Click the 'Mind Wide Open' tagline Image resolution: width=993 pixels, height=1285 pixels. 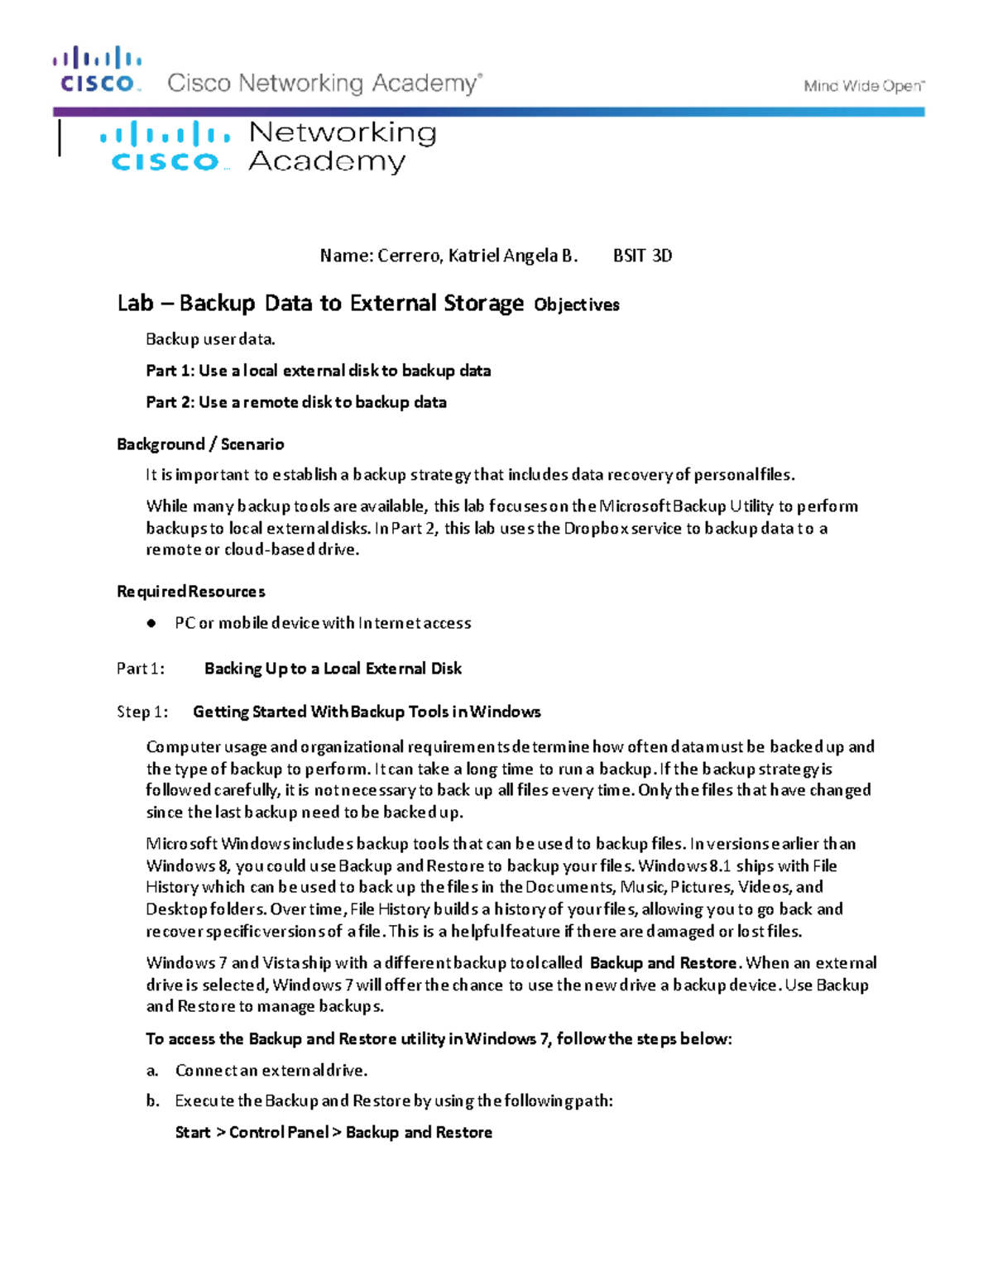(x=864, y=86)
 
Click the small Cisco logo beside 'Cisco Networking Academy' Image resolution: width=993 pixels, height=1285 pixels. (x=98, y=70)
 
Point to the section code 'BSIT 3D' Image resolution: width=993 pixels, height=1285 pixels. (x=642, y=256)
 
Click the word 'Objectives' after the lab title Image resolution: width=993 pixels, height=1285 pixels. (x=577, y=305)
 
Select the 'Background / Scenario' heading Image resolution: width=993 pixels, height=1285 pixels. (x=200, y=444)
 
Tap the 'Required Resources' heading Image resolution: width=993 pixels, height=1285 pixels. (x=191, y=592)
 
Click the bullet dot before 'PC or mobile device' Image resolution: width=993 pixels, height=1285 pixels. (x=151, y=624)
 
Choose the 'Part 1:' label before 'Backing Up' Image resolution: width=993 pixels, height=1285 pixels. (x=141, y=669)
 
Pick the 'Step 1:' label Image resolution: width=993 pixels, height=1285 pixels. (x=142, y=712)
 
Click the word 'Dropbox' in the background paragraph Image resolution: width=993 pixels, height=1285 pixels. (x=596, y=528)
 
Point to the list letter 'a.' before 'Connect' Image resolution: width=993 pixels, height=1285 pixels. (x=152, y=1071)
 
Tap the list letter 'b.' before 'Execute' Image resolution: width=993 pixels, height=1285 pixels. (x=152, y=1101)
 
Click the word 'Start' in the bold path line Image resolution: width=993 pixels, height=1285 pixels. (x=193, y=1133)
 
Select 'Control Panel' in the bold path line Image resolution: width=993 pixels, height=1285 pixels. (x=279, y=1133)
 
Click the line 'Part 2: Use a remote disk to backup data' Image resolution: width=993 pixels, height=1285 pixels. (x=296, y=403)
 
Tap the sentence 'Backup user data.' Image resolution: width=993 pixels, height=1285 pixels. (x=210, y=339)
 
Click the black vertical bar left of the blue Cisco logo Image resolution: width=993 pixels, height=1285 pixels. (x=60, y=137)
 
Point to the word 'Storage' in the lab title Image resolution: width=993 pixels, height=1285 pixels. (x=484, y=304)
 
